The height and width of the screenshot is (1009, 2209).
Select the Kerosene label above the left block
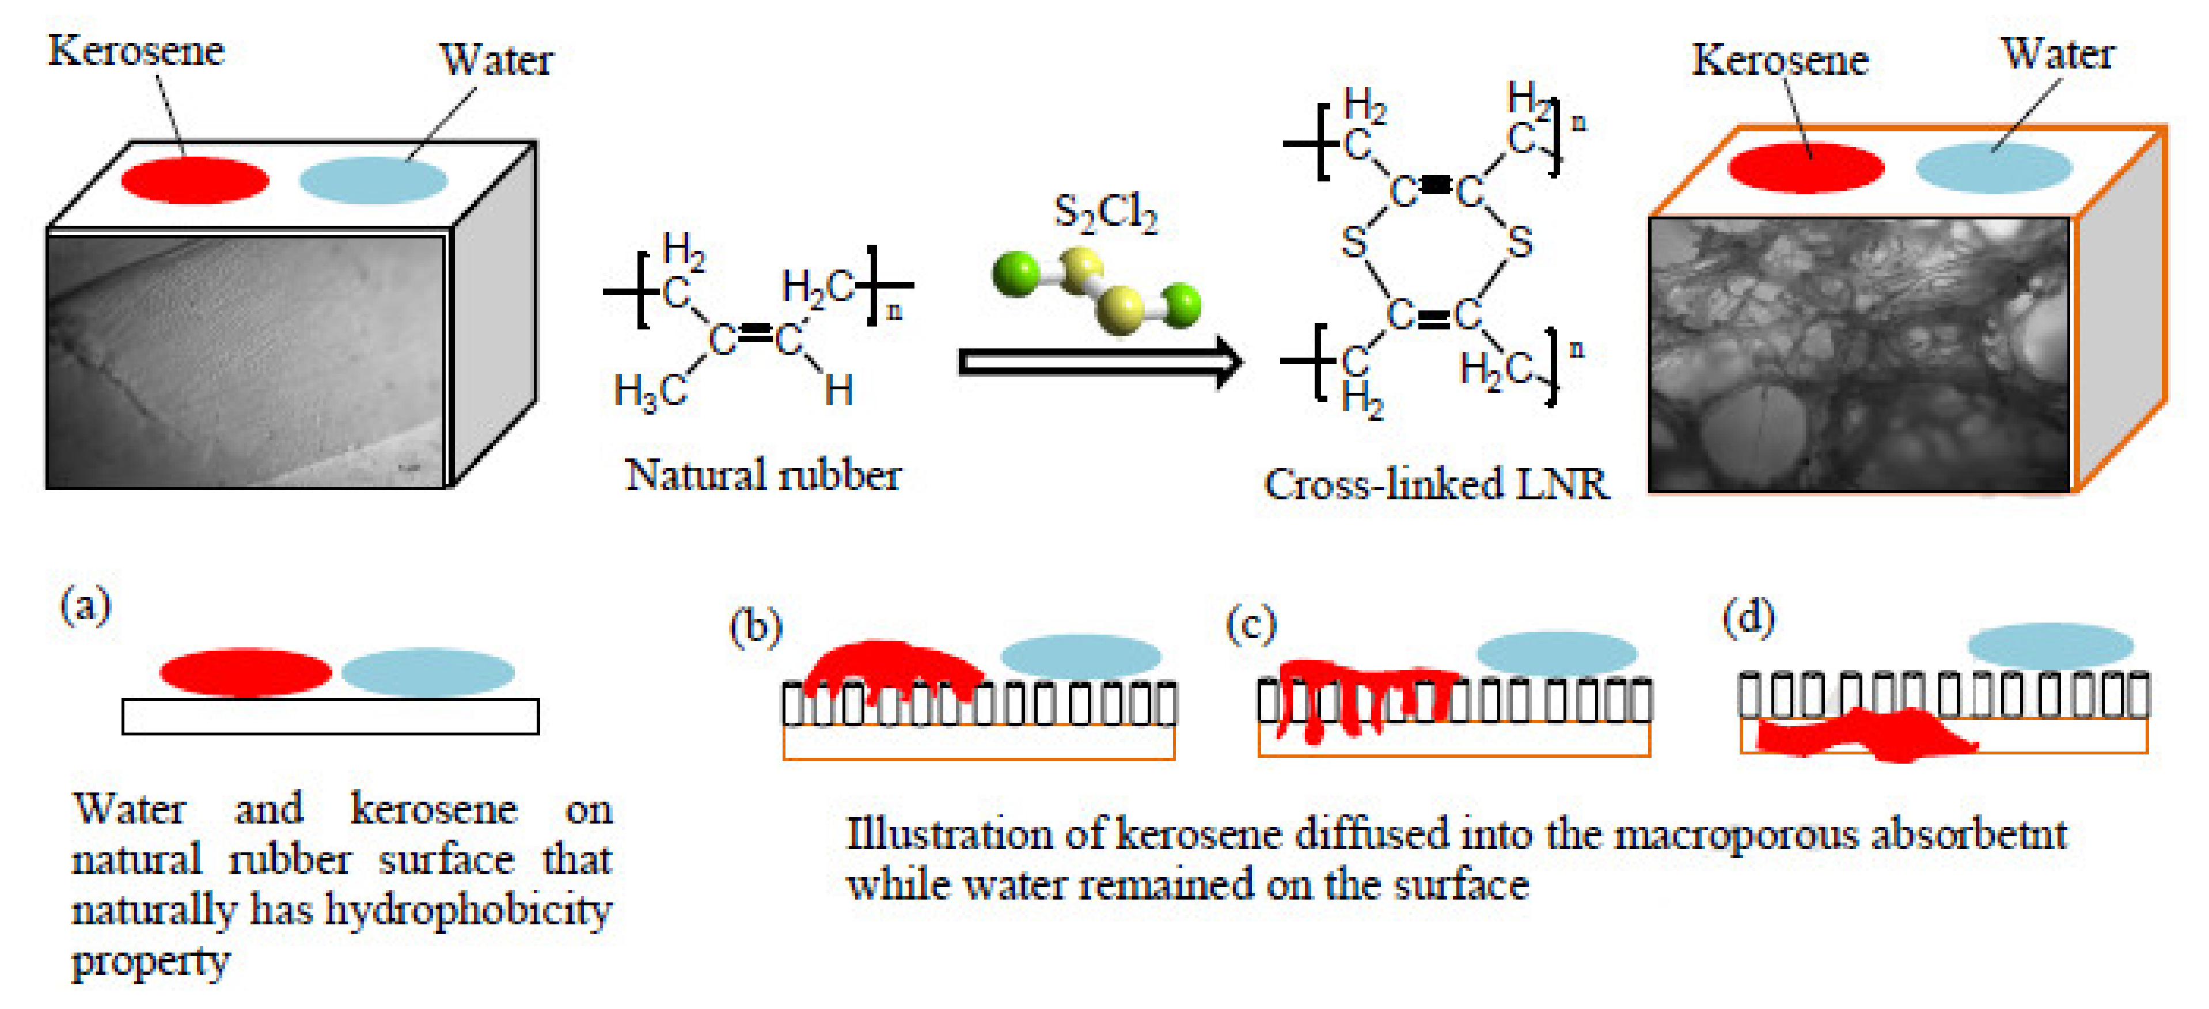[x=136, y=51]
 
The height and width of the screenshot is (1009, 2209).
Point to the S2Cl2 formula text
[x=1105, y=213]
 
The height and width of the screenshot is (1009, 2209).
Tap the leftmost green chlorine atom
[x=1016, y=274]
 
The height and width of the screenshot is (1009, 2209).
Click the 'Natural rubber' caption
[x=762, y=475]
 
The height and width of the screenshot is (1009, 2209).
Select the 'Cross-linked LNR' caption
[x=1436, y=484]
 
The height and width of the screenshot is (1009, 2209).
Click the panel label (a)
[x=85, y=605]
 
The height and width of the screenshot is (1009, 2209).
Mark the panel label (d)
[x=1748, y=618]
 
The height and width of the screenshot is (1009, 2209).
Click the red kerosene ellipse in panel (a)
[x=245, y=672]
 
